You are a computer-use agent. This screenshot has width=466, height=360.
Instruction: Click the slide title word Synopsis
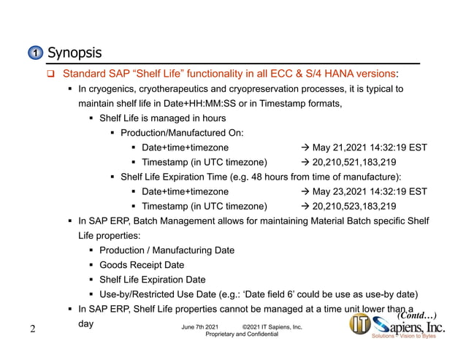tap(74, 53)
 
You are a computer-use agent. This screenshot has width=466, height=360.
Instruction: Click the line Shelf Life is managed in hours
tap(162, 118)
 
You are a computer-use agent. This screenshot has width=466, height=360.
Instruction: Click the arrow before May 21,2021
tap(305, 148)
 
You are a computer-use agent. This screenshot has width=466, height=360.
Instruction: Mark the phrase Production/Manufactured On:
tap(182, 133)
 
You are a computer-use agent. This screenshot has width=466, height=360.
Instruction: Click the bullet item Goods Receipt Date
tap(142, 265)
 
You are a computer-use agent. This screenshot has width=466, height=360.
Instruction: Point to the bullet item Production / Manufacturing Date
tap(167, 250)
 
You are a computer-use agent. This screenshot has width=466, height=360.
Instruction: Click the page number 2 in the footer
tap(33, 329)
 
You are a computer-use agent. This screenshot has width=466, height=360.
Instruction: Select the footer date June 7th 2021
tap(194, 326)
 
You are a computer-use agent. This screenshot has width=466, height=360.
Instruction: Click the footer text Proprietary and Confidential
tap(242, 334)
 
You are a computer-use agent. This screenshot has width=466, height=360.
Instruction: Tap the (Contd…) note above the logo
tap(416, 315)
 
